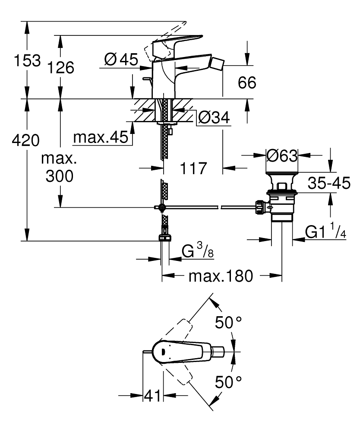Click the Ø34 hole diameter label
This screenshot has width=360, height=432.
(x=214, y=117)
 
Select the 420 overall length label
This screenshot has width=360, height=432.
(x=26, y=140)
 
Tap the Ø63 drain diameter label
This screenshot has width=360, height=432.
(x=282, y=156)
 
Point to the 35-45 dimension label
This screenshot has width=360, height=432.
(x=329, y=184)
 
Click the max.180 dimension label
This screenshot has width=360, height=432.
(x=220, y=276)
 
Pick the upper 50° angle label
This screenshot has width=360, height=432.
(x=229, y=323)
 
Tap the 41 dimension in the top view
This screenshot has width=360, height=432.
(x=152, y=395)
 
